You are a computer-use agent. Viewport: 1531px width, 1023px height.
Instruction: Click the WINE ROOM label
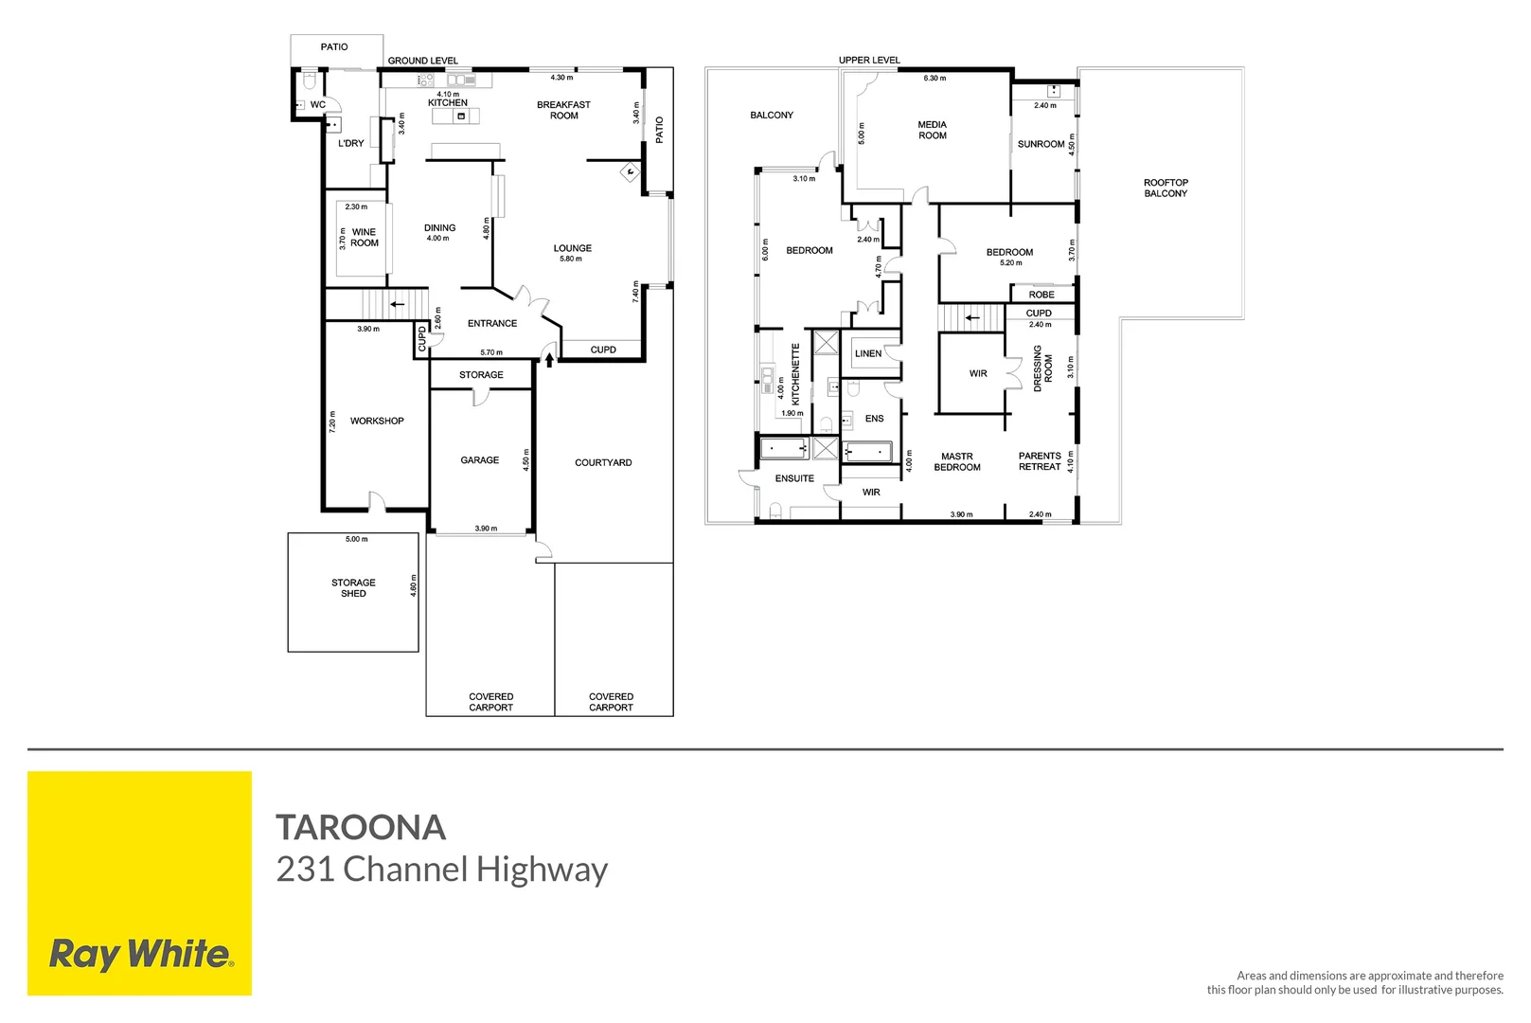364,238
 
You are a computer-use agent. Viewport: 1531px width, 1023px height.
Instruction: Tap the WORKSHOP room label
377,421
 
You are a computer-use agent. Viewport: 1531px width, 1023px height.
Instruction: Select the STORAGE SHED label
353,588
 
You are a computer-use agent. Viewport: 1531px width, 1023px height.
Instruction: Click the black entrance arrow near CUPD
549,360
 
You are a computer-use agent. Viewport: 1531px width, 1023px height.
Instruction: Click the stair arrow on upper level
972,318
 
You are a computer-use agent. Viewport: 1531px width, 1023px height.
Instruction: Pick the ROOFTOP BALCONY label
1165,188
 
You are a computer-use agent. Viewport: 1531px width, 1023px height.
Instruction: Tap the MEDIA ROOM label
932,130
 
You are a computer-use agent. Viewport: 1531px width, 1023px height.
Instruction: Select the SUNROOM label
1041,144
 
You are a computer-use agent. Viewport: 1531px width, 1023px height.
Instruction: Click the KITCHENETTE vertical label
795,374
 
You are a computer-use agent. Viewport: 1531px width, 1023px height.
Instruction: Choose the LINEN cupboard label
867,353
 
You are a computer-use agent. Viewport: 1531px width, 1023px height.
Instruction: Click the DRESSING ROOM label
1042,368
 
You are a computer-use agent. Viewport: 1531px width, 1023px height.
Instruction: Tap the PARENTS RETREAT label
1039,461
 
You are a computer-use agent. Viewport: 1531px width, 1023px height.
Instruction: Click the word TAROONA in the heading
361,827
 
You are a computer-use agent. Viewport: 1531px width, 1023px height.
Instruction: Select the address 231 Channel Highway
441,870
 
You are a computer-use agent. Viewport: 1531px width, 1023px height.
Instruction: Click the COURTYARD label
603,462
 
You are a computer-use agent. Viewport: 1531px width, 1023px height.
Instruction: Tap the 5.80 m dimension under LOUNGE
571,259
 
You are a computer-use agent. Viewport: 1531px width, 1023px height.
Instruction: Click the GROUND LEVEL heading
422,61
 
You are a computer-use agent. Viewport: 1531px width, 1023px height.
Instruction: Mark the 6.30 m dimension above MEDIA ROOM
935,79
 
